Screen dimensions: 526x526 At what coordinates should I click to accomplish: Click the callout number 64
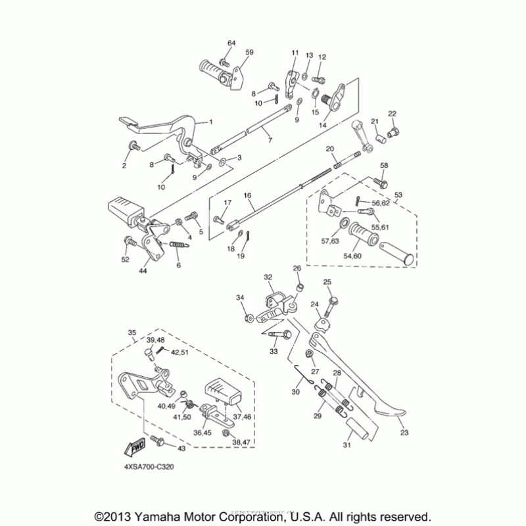point(231,43)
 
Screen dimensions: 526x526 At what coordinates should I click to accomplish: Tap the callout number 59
point(249,52)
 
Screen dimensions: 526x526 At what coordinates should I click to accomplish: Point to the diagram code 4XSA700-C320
point(147,467)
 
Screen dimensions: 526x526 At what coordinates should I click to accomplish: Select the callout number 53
point(397,195)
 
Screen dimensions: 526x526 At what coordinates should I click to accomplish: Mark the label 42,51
point(179,352)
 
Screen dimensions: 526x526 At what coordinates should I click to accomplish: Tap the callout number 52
point(125,260)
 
